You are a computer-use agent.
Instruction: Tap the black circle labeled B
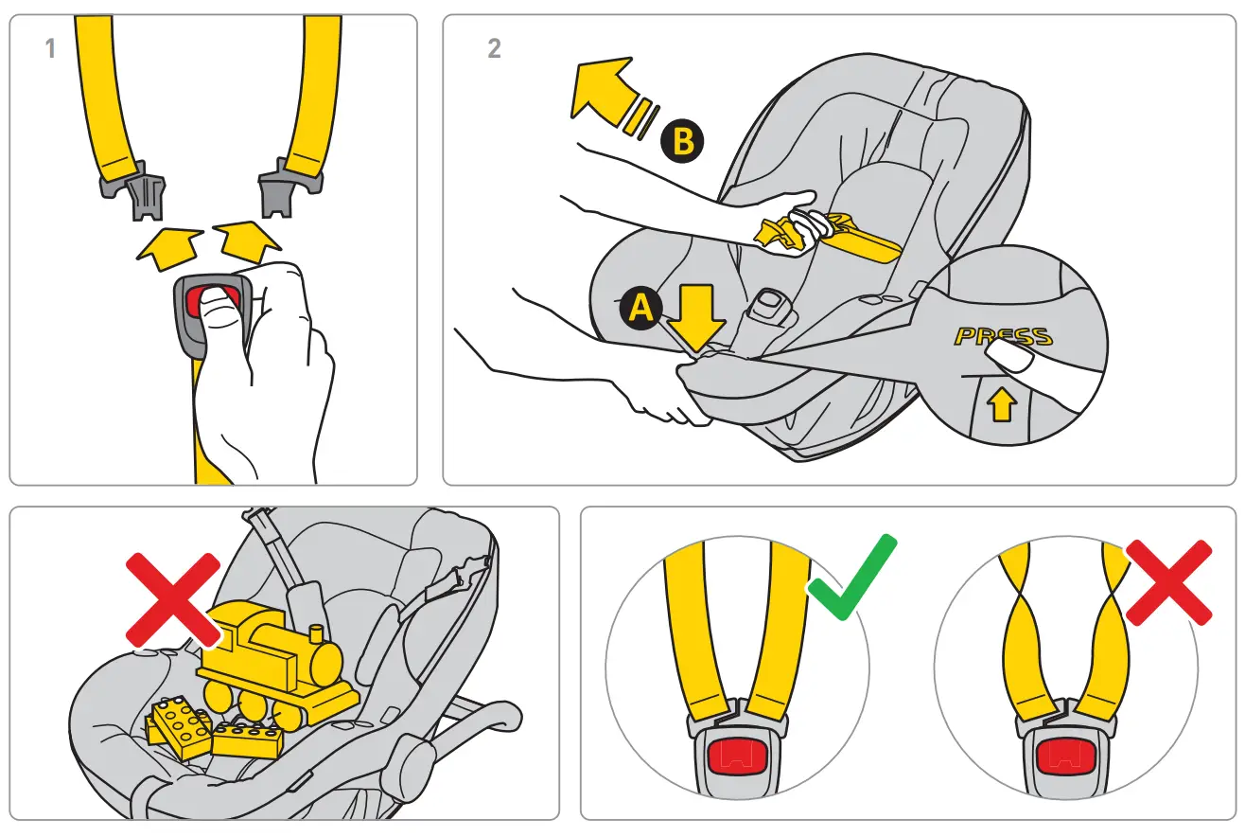[682, 143]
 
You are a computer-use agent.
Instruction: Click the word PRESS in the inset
[1003, 336]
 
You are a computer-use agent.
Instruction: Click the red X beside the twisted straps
[1168, 582]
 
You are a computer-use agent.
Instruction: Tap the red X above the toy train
[173, 599]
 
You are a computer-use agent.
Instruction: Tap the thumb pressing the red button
[219, 313]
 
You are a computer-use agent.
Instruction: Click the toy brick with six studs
[181, 725]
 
